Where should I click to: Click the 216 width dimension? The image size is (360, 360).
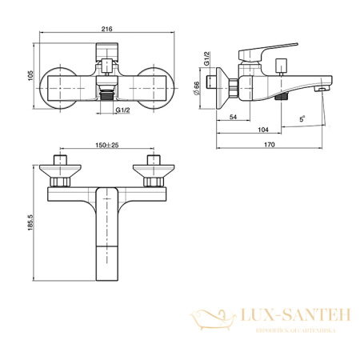(x=106, y=30)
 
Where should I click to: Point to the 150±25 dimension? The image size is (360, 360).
(x=105, y=146)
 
